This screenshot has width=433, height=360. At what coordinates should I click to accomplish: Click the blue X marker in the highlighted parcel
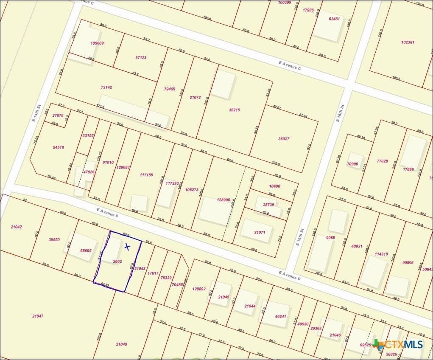[127, 246]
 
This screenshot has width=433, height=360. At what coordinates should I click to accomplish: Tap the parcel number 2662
[117, 262]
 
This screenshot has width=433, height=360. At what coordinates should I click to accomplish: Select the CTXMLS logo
[398, 345]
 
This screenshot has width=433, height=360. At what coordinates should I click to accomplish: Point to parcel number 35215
[234, 110]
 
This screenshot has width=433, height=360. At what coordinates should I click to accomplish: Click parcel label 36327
[284, 139]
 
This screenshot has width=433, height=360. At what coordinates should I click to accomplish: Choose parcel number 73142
[106, 87]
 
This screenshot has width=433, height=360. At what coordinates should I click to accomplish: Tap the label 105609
[97, 43]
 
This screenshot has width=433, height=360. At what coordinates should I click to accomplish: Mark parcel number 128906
[223, 200]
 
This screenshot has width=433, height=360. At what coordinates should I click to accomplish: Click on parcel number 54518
[58, 147]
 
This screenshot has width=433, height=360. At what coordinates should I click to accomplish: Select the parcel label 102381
[408, 42]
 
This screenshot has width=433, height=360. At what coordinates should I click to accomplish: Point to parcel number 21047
[38, 316]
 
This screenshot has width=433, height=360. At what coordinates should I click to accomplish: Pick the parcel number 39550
[54, 239]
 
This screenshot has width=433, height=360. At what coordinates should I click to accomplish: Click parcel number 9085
[330, 238]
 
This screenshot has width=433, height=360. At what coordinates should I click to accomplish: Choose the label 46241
[280, 316]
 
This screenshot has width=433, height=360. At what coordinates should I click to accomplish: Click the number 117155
[146, 175]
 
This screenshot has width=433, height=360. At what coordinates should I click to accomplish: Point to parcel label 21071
[260, 232]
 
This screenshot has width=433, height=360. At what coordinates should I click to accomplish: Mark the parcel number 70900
[352, 164]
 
